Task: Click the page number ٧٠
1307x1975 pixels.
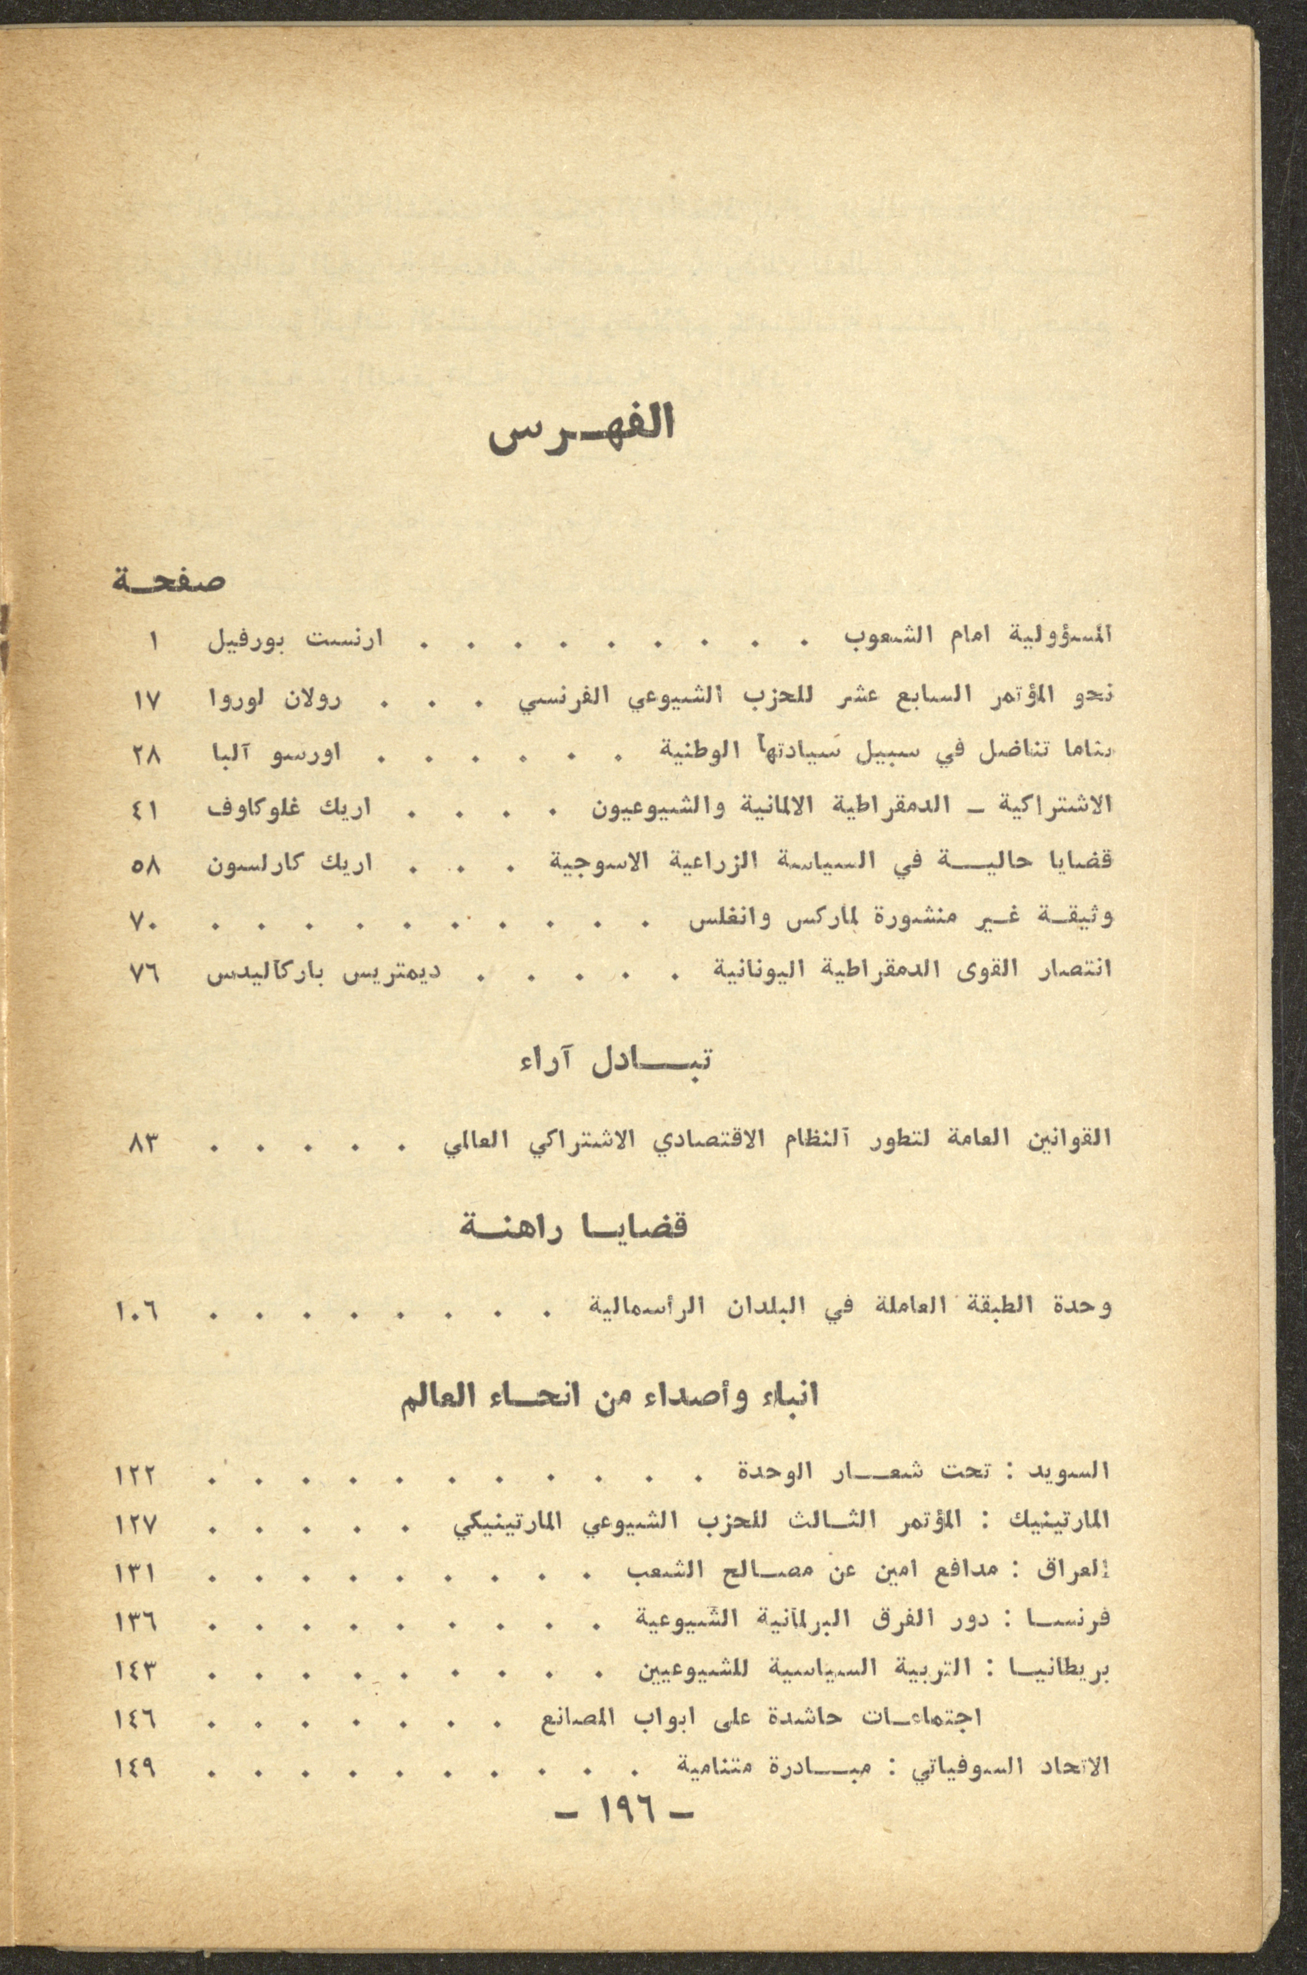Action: (151, 920)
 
